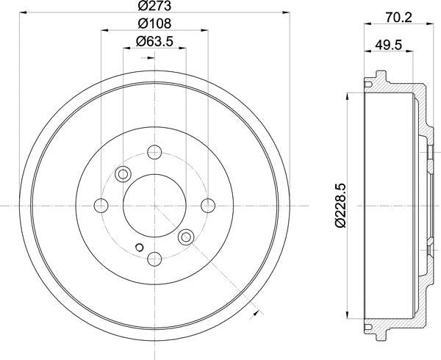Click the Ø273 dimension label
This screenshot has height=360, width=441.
(154, 7)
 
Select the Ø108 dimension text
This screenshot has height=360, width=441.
(154, 24)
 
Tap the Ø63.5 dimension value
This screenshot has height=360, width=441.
(154, 41)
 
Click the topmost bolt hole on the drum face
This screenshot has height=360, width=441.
(154, 152)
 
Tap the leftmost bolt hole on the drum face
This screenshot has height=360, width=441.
(101, 205)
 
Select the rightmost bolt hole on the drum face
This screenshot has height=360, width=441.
(208, 205)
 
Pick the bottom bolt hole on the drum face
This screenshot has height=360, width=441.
(154, 259)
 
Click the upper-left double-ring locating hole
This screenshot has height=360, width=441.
(123, 174)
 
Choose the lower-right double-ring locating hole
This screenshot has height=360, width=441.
(186, 236)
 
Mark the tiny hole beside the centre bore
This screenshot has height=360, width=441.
(137, 246)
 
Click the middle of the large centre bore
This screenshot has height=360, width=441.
(154, 205)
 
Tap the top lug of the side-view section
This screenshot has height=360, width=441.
(378, 76)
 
